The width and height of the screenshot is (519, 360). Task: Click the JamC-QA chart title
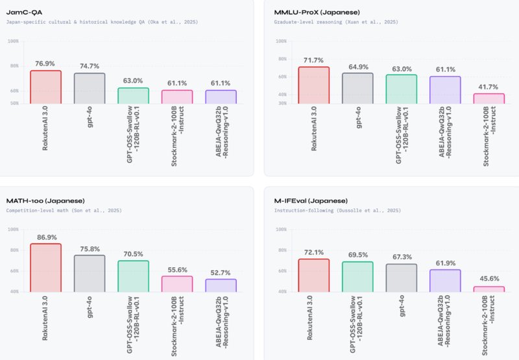(25, 12)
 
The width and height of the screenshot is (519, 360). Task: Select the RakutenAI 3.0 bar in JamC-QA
(45, 86)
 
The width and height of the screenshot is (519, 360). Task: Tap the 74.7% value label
(89, 66)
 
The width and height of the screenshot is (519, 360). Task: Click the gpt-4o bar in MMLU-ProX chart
(357, 88)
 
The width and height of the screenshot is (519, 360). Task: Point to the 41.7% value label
(489, 86)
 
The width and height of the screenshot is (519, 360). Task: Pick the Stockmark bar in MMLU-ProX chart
(489, 98)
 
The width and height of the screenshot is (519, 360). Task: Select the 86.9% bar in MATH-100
(45, 267)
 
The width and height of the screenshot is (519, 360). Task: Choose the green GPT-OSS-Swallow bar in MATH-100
(133, 276)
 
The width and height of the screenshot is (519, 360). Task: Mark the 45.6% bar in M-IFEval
(489, 289)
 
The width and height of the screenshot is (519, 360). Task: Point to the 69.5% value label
(357, 254)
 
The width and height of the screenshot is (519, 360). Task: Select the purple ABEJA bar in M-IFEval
(445, 280)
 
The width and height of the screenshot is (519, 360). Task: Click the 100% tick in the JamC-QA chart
(13, 41)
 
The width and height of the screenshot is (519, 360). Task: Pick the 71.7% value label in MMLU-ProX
(314, 60)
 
